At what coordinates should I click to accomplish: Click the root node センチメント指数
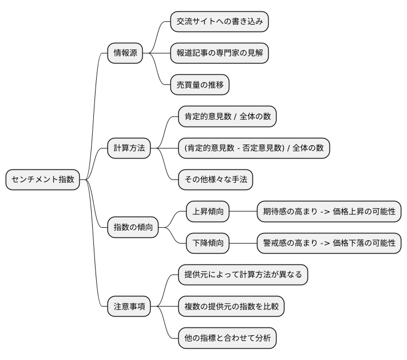point(43,180)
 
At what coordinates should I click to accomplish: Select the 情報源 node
point(125,54)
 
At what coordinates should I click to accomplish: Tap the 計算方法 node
point(129,148)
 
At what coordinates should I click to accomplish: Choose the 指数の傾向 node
point(133,227)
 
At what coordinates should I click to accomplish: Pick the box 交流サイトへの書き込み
point(219,22)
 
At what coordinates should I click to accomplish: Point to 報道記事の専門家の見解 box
point(219,54)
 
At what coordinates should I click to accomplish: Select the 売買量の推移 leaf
point(200,85)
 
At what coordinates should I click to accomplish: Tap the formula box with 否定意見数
point(254,148)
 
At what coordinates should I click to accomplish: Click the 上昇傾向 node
point(208,211)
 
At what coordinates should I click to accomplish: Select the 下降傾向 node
point(208,243)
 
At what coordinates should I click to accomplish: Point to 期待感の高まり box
point(329,211)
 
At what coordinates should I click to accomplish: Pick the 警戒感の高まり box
point(329,243)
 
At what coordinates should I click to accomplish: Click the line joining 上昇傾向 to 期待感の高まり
point(243,211)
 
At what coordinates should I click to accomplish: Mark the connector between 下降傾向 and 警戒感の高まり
point(243,243)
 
